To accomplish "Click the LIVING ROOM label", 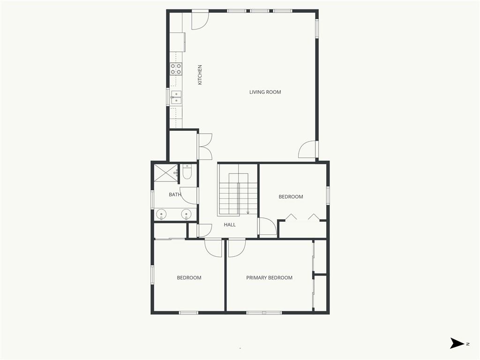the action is point(265,92).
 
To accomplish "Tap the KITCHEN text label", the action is point(200,75).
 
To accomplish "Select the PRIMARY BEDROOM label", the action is point(270,277).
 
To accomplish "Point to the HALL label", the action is point(230,225).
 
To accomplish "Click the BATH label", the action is point(175,195).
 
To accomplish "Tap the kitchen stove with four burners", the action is point(176,69).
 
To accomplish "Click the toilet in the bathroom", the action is point(187,172).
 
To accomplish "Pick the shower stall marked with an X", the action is point(165,173).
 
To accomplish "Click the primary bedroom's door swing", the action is point(237,248).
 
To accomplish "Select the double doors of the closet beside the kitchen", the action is point(205,147).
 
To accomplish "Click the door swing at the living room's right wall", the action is point(307,150).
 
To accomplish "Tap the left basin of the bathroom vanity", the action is point(161,214).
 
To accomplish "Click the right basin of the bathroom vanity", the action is point(186,214).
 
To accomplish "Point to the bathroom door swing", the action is point(188,195).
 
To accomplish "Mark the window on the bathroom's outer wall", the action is point(152,200).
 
